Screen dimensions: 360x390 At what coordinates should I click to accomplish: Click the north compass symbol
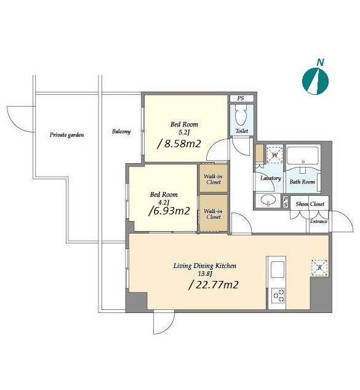tap(315, 81)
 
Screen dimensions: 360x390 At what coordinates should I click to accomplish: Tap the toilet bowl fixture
tap(240, 116)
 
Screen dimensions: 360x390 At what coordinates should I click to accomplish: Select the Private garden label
tap(67, 135)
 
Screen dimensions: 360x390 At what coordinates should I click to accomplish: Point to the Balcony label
tap(121, 132)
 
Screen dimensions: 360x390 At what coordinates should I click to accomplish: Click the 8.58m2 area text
tap(179, 144)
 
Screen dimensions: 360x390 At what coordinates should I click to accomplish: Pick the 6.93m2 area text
tap(169, 211)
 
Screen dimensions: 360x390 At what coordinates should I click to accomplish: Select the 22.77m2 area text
tap(214, 285)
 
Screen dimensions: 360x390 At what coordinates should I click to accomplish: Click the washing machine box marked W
tap(274, 155)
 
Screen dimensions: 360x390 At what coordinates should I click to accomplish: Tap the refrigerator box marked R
tap(319, 268)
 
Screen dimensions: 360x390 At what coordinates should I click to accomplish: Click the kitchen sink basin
tap(278, 269)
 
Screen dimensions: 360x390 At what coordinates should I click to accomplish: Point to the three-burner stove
tap(279, 296)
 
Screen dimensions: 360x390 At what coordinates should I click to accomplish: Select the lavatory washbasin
tap(268, 200)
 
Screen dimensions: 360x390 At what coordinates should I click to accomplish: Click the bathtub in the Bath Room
tap(303, 155)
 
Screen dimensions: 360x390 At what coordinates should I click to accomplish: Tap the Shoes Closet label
tap(310, 204)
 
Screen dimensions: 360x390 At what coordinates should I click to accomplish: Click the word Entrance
tap(319, 221)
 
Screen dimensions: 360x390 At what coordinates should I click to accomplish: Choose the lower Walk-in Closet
tap(214, 213)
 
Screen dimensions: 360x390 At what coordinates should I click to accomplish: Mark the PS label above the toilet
tap(240, 98)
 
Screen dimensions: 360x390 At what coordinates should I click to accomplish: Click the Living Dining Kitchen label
tap(205, 266)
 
